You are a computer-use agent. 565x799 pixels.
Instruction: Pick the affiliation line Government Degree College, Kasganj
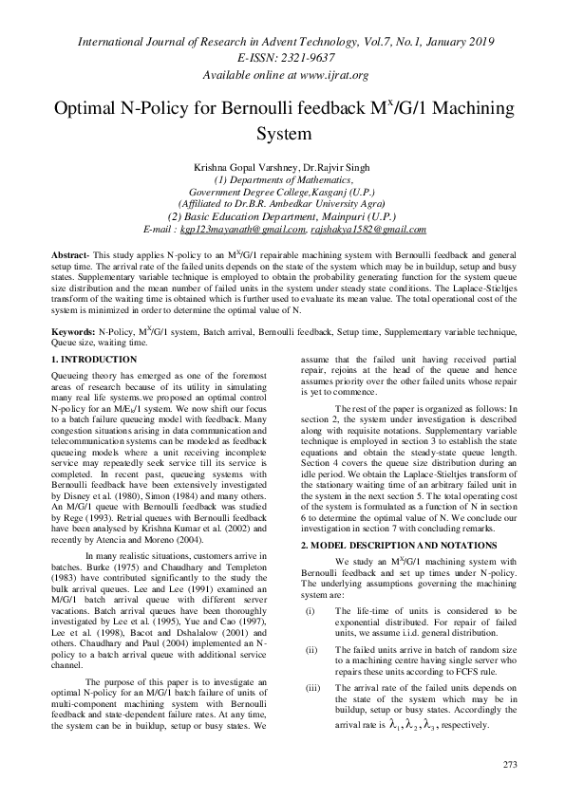[x=282, y=191]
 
